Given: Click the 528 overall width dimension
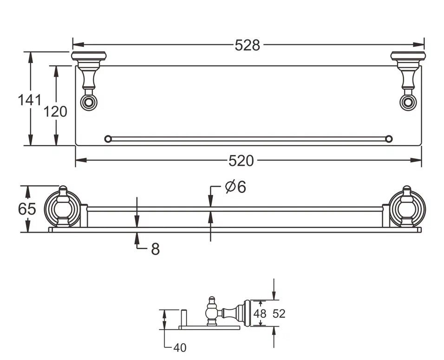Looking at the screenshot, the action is pos(247,45).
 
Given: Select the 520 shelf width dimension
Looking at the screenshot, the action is pos(241,161).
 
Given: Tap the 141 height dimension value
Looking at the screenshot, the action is pos(29,100).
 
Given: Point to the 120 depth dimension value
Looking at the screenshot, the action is pos(55,111).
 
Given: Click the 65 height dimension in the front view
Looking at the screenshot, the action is pos(27,209).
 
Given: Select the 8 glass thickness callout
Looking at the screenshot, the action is pos(155,249).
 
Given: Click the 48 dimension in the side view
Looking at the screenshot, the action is pos(260,313).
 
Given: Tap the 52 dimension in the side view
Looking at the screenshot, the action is pos(279,313).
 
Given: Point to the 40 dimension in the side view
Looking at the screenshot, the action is pos(180,348).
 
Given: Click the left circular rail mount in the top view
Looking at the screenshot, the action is pos(89,102).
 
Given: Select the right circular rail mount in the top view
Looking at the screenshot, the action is pos(408,102).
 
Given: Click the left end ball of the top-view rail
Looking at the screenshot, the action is pos(108,139).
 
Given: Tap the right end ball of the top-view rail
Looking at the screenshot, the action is pos(389,139).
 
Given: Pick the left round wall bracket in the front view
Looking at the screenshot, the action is pos(63,209).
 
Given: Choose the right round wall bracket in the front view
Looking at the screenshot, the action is pos(407,209).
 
